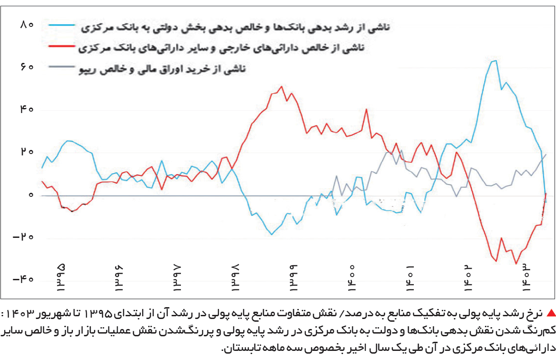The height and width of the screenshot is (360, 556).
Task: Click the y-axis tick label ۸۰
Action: click(27, 25)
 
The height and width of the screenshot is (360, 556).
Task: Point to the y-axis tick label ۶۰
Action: click(27, 67)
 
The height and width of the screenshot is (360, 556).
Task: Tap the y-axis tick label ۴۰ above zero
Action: click(27, 109)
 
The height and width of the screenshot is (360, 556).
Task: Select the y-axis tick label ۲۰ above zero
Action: click(27, 152)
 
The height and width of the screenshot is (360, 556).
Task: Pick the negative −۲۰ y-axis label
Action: click(23, 237)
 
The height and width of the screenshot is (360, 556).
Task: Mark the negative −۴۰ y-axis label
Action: click(23, 279)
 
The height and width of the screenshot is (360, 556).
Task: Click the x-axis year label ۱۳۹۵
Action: click(61, 278)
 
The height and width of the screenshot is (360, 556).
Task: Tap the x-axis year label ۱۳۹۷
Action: click(177, 278)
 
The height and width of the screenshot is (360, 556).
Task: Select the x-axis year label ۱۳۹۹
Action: click(293, 278)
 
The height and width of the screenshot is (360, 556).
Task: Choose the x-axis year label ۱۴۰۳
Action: click(526, 278)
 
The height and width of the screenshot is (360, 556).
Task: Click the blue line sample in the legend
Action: click(62, 25)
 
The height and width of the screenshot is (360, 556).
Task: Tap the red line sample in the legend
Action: click(62, 46)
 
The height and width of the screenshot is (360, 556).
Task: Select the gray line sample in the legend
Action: click(62, 67)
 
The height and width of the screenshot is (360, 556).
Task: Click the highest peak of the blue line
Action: click(496, 61)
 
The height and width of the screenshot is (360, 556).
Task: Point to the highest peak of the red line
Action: click(282, 87)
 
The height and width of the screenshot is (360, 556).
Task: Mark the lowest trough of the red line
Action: click(516, 264)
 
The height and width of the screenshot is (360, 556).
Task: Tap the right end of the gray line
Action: click(546, 154)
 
